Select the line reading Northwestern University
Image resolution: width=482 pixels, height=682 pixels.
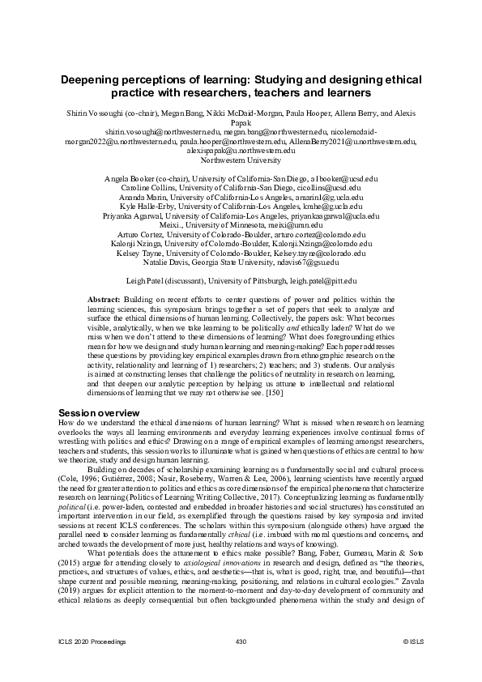[241, 160]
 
